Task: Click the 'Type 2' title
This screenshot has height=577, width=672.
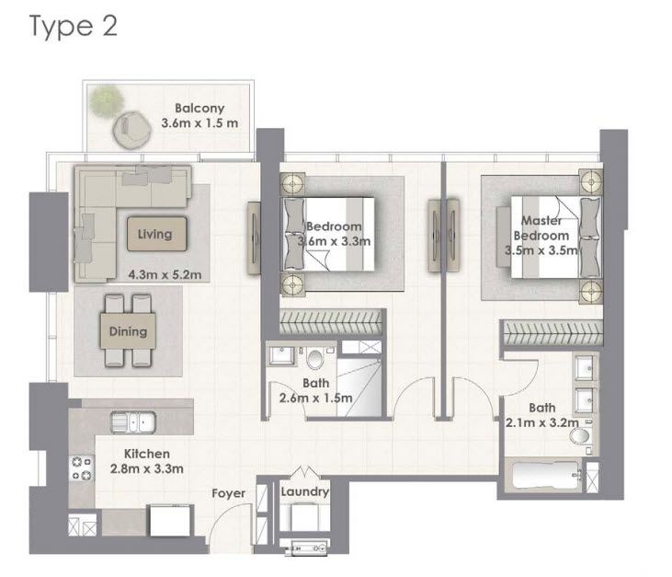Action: (x=74, y=27)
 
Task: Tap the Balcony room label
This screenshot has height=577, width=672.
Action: (x=199, y=109)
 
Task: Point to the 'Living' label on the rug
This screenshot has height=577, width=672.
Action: (x=154, y=234)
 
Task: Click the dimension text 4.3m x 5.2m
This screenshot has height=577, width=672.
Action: (x=164, y=273)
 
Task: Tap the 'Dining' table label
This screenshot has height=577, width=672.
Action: (x=127, y=331)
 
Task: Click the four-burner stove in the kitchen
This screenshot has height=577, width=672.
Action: (x=79, y=469)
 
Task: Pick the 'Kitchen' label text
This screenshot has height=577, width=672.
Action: (x=148, y=454)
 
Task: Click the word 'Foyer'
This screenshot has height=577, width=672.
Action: (x=228, y=493)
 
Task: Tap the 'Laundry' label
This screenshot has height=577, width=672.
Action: (x=305, y=492)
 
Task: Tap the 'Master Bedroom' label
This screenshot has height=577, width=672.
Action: (x=542, y=227)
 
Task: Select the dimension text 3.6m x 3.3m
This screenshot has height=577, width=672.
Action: (x=334, y=242)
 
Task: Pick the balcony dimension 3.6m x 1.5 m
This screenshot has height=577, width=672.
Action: (x=199, y=123)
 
